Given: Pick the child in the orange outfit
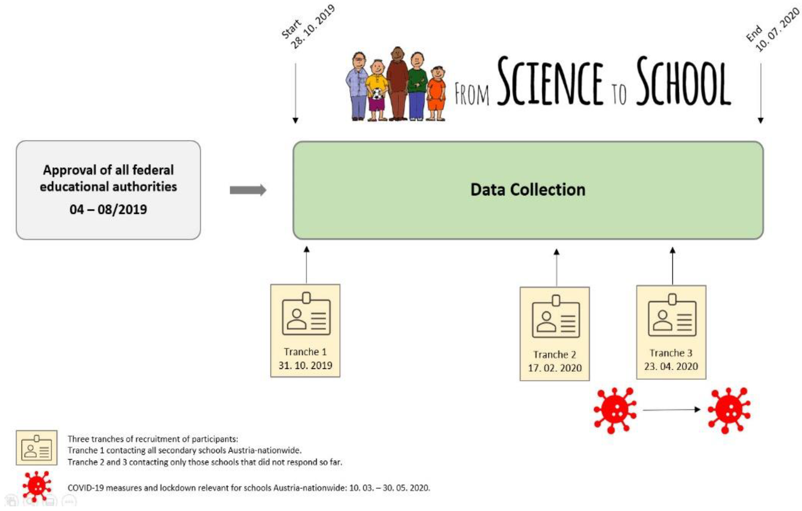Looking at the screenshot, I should pyautogui.click(x=437, y=93).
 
